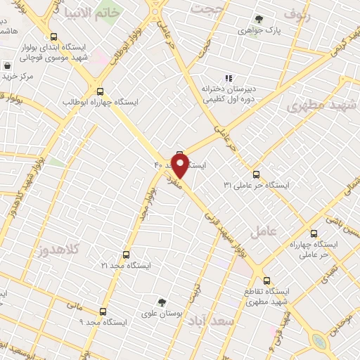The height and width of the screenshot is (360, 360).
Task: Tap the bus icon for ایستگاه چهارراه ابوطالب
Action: click(x=99, y=91)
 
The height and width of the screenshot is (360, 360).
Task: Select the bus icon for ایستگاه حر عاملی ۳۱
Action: click(x=255, y=174)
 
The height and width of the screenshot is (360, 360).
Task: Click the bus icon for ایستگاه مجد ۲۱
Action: click(x=127, y=255)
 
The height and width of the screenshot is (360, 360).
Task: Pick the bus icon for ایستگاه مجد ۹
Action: click(x=103, y=311)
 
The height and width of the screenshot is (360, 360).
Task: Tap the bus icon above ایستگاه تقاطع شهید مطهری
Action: click(x=266, y=279)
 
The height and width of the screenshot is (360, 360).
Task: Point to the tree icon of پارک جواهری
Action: click(x=259, y=19)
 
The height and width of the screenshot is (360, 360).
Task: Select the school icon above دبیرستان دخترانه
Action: click(x=228, y=78)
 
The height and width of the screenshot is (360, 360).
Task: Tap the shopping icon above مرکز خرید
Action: click(x=7, y=65)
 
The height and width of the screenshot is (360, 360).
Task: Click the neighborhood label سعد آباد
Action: click(x=217, y=320)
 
